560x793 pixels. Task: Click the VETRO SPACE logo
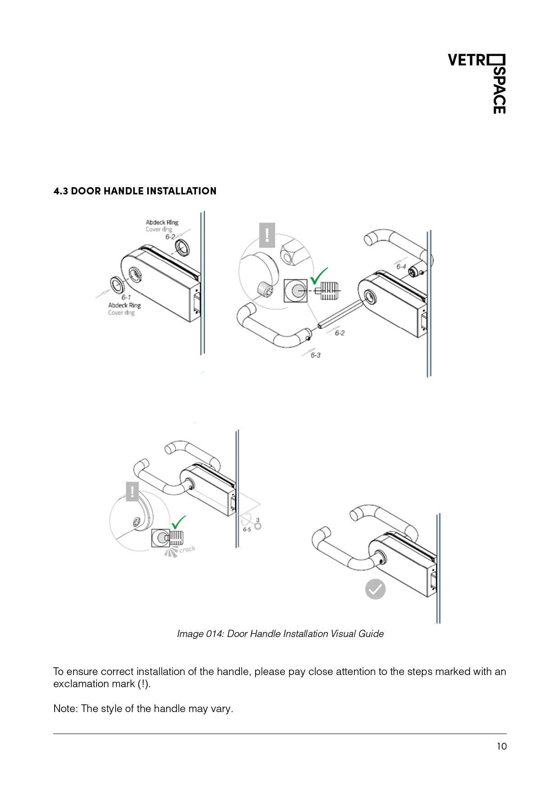(477, 84)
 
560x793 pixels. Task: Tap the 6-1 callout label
(126, 297)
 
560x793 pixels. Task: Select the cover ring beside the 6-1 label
(117, 284)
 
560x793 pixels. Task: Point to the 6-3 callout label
(315, 355)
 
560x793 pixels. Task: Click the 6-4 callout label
(401, 267)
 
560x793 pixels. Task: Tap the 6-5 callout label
(247, 529)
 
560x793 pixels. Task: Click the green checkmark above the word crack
(179, 522)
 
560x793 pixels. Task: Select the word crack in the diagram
(187, 549)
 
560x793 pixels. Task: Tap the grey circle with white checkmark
(375, 589)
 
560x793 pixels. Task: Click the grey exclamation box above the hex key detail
(267, 235)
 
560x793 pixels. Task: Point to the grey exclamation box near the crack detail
(132, 491)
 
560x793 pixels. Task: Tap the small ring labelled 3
(258, 526)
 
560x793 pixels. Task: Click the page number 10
(502, 746)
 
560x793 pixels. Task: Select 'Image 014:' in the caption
(201, 634)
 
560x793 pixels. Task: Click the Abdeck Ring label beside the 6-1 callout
(125, 305)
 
